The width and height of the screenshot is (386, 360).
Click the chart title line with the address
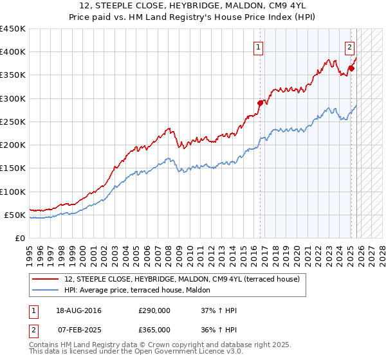coord(193,5)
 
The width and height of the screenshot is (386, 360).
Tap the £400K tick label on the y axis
coord(13,52)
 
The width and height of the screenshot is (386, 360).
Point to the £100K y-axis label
coord(13,192)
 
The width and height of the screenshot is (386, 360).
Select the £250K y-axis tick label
coord(13,122)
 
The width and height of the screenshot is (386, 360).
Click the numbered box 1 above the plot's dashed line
coord(258,46)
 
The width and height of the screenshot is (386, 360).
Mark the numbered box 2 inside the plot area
coord(349,46)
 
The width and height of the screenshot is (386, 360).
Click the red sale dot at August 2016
coord(261,103)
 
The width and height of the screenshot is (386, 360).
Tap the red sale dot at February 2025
coord(351,68)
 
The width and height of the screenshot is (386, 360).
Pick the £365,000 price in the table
coord(154,329)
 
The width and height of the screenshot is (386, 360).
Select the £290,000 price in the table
coord(154,311)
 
